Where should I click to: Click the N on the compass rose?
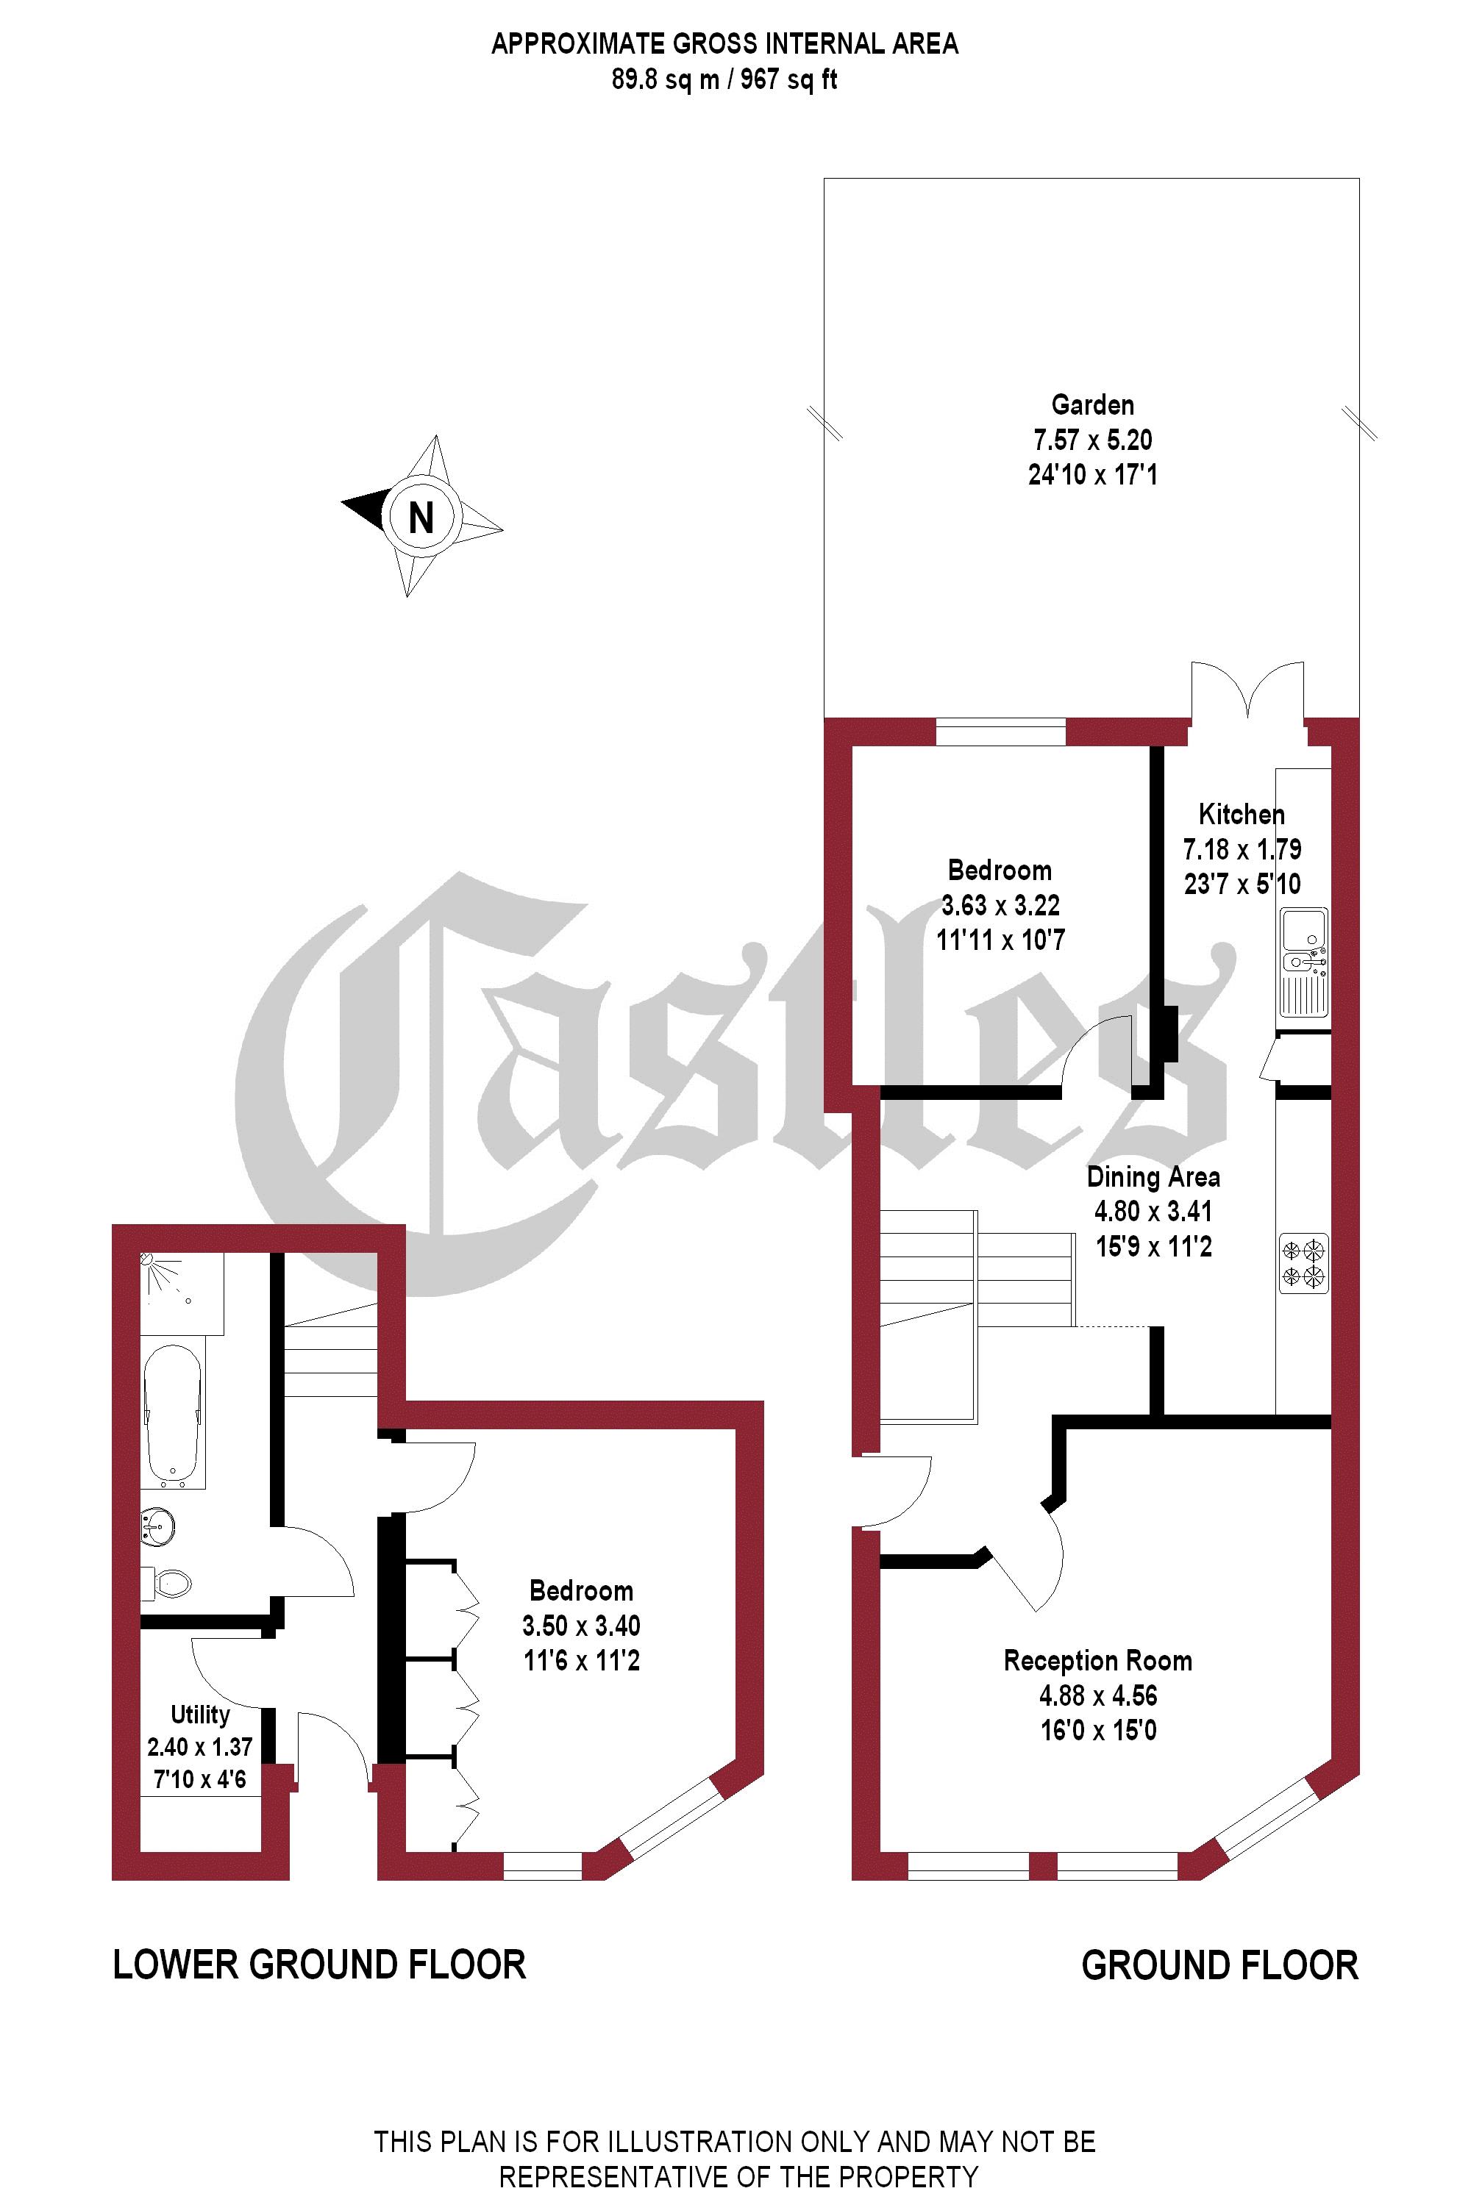(x=421, y=517)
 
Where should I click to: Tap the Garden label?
(x=1092, y=405)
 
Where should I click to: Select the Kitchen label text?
(x=1242, y=814)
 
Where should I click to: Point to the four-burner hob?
(x=1304, y=1263)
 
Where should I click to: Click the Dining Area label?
(x=1153, y=1177)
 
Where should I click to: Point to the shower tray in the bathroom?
(x=181, y=1293)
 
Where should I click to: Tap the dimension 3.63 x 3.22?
(x=1000, y=905)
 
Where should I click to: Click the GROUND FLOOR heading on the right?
(x=1219, y=1966)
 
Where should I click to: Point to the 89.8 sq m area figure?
(x=665, y=79)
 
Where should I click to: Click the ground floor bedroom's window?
(x=1001, y=732)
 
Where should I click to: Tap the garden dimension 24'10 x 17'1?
(x=1092, y=474)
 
